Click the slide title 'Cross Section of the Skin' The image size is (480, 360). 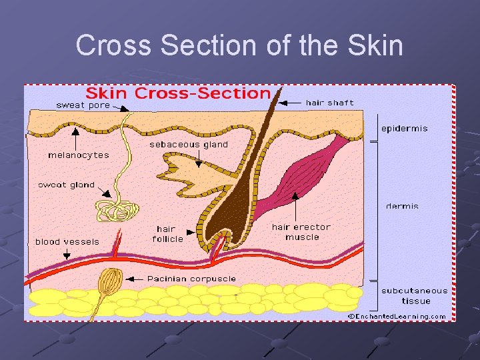point(239,46)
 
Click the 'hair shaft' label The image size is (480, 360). point(329,103)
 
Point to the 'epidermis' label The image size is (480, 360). point(404,129)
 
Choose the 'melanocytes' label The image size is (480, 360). point(78,155)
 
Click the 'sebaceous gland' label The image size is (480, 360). point(189,144)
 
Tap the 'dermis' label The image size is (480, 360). point(402,207)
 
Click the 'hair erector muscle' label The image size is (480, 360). point(301,232)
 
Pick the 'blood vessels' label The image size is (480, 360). point(67,242)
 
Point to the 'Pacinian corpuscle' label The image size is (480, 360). point(191,279)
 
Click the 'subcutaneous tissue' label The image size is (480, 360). point(415,296)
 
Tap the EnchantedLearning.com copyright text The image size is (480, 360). point(398,316)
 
